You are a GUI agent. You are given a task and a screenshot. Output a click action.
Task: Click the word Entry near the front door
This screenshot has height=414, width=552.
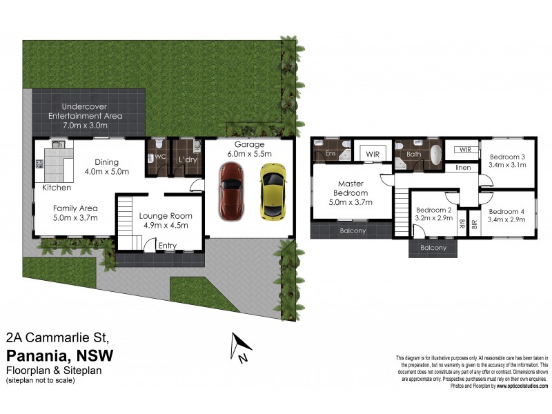point(167,245)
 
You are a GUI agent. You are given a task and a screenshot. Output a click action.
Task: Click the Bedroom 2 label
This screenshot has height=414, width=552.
point(433,210)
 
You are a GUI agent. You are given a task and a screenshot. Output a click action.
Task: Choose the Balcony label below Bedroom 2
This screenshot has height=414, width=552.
point(433,248)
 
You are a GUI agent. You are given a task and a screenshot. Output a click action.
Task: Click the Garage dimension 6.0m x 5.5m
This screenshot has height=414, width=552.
point(249,154)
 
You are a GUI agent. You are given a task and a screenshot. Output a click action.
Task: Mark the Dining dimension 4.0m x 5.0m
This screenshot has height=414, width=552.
point(107,171)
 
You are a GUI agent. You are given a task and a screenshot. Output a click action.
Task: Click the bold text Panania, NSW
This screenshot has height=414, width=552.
point(59,355)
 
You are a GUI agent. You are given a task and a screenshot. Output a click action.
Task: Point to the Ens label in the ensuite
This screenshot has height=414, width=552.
point(331,153)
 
